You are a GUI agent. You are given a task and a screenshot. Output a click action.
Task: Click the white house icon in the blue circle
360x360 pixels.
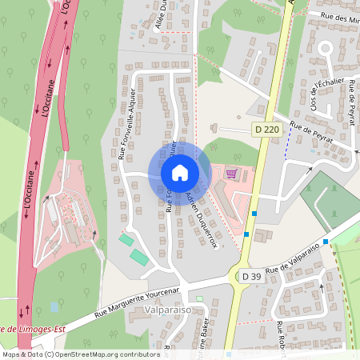pyautogui.click(x=179, y=172)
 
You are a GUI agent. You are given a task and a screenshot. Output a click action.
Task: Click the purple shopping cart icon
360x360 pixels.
pyautogui.click(x=231, y=174)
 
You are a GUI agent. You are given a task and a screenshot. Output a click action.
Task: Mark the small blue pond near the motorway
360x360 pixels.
pyautogui.click(x=54, y=306)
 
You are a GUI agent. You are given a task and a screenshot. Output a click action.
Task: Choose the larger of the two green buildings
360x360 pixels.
pyautogui.click(x=139, y=257)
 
